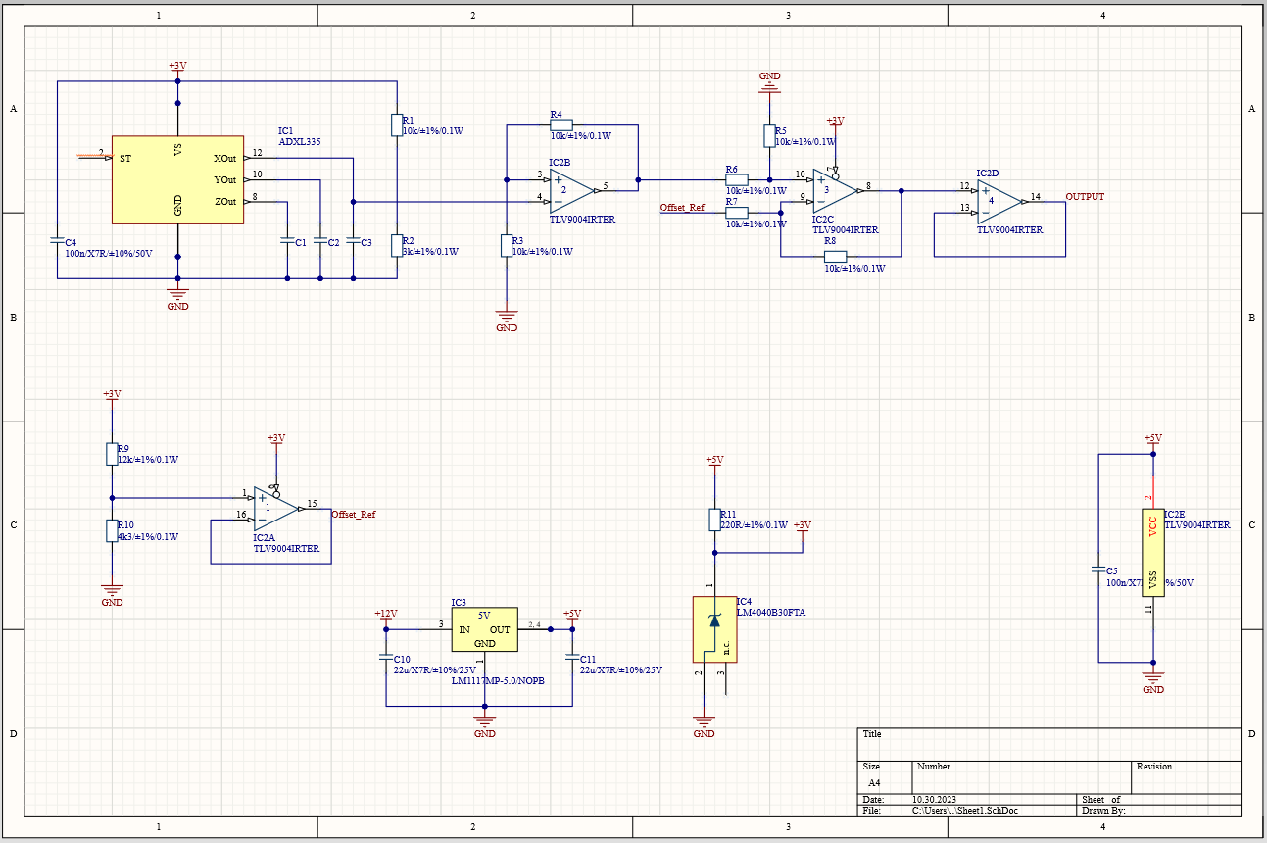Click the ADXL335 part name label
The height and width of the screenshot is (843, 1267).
(x=300, y=141)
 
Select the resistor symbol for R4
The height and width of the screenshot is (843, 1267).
(x=560, y=125)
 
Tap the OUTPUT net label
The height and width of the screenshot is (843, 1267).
(x=1085, y=197)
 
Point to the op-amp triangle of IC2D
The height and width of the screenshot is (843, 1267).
(x=999, y=200)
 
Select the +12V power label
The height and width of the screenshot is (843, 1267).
(x=385, y=614)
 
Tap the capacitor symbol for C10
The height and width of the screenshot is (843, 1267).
(x=386, y=660)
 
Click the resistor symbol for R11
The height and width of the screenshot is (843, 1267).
(x=714, y=520)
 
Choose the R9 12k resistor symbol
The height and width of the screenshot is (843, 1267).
(x=111, y=453)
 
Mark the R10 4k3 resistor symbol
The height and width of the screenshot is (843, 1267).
(x=111, y=530)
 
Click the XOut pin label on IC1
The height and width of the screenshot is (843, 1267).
(x=224, y=158)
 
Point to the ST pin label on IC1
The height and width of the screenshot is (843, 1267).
(x=125, y=158)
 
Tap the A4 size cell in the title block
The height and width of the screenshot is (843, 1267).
(x=875, y=784)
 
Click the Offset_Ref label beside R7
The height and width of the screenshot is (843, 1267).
(x=682, y=208)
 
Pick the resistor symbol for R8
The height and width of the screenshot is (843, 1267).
(x=835, y=257)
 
